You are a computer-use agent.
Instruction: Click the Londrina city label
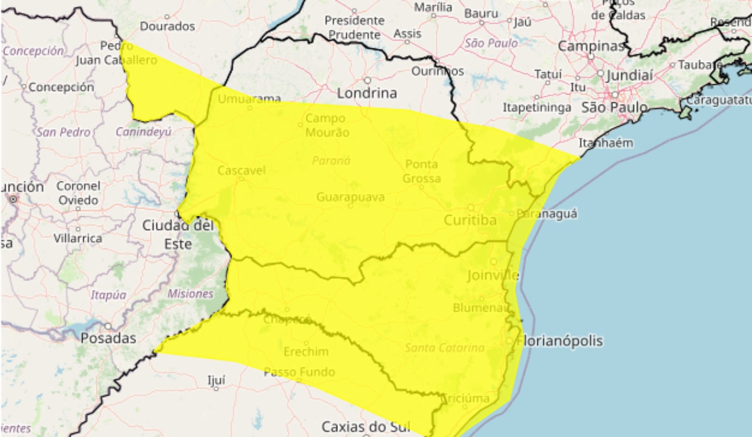[367, 93]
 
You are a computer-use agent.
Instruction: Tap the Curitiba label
[470, 220]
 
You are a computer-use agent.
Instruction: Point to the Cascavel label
[242, 170]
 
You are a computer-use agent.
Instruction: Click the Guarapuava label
[350, 197]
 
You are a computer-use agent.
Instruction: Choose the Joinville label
[493, 275]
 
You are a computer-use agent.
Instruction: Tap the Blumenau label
[480, 307]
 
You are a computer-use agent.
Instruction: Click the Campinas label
[590, 46]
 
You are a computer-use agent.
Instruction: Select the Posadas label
[108, 338]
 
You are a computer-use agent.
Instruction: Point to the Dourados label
[167, 26]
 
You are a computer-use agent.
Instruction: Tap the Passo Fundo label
[299, 372]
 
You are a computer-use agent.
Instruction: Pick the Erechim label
[306, 352]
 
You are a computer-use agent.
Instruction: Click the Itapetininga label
[537, 107]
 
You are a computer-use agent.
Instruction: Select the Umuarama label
[250, 99]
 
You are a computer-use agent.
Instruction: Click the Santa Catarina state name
[444, 347]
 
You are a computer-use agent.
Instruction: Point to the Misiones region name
[190, 294]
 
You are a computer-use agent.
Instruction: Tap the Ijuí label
[216, 380]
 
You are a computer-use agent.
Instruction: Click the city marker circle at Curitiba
[471, 208]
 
